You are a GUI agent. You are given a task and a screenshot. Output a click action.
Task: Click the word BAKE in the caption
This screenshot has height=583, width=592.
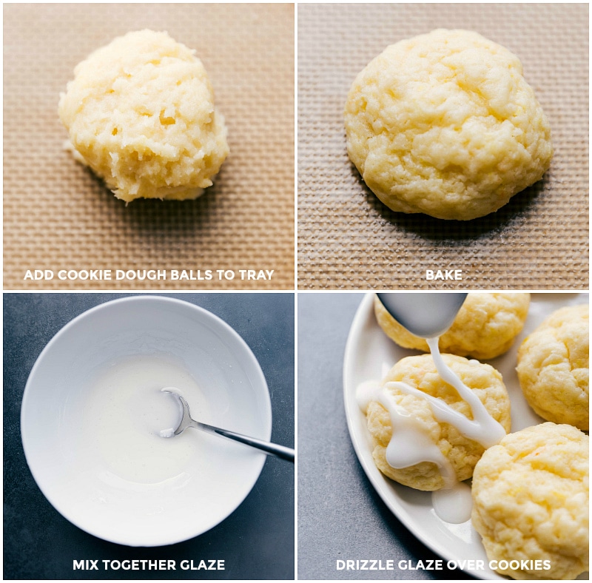pos(443,275)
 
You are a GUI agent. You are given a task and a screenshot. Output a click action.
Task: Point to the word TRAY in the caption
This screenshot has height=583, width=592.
pos(255,275)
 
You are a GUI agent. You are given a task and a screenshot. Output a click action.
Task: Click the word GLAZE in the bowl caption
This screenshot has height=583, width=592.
pos(202,565)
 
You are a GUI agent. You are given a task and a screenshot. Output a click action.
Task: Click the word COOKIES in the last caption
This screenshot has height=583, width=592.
pos(522,565)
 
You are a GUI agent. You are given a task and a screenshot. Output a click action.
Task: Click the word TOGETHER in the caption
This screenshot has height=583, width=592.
pos(143,565)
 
